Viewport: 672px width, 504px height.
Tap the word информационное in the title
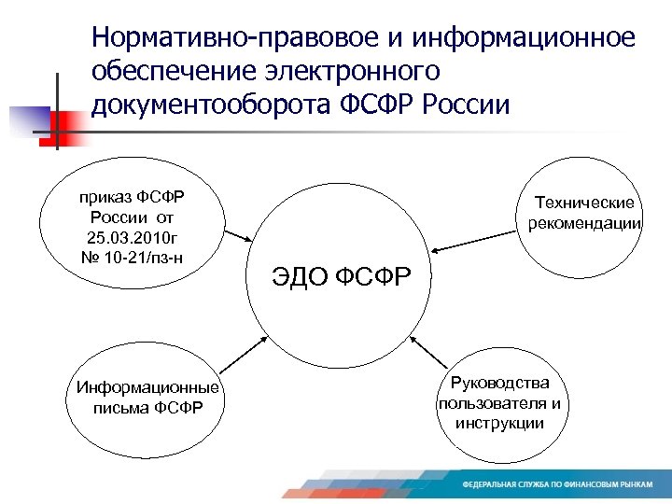(519, 39)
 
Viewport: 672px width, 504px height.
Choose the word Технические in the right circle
(584, 203)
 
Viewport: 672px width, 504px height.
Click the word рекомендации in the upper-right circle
(584, 223)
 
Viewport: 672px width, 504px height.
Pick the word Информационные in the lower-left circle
(147, 388)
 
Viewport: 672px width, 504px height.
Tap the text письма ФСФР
(147, 407)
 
